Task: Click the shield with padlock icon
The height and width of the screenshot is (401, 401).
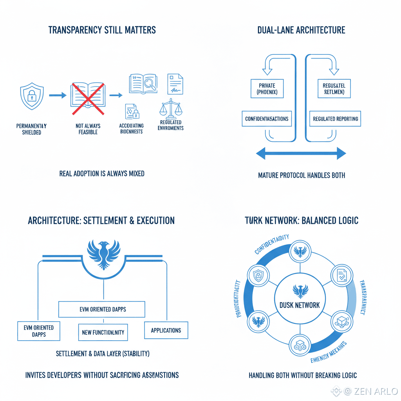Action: tap(32, 96)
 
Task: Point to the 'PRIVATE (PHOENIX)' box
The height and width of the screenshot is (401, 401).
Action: tap(267, 89)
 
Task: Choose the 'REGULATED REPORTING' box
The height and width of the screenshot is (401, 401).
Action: tap(335, 119)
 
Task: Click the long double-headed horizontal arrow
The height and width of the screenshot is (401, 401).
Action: tap(301, 154)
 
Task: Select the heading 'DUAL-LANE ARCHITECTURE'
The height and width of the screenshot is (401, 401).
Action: tap(301, 30)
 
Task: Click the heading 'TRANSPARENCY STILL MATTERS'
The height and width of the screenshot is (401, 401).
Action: tap(102, 30)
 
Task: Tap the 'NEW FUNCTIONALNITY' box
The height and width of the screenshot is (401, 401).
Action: tap(103, 332)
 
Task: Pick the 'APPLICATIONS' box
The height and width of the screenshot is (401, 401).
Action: tap(166, 330)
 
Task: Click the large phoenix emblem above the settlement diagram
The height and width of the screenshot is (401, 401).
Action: tap(103, 254)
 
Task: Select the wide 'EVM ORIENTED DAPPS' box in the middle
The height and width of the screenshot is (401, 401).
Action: tap(102, 309)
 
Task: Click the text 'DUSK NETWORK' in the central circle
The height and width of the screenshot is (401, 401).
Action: tap(300, 305)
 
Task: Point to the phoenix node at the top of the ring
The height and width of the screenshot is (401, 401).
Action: tap(300, 251)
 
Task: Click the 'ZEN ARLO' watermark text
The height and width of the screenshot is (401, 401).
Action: tap(376, 391)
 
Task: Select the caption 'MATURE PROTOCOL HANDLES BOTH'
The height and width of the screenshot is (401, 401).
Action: tap(302, 175)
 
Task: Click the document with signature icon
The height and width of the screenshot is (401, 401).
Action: tap(175, 83)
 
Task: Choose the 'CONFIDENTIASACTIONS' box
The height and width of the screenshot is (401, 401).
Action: tap(267, 119)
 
